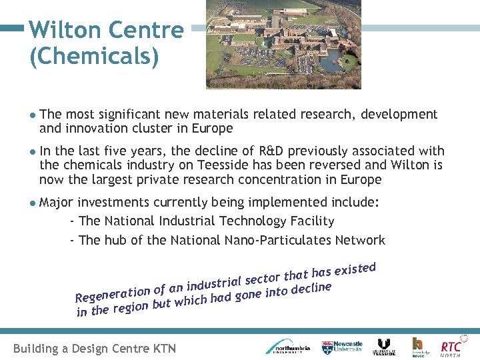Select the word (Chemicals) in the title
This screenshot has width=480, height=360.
(94, 57)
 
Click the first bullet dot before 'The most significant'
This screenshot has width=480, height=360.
(33, 115)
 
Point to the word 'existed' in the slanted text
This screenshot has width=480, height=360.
(355, 269)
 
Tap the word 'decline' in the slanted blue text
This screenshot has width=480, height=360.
(311, 287)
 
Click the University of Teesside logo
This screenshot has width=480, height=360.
(384, 347)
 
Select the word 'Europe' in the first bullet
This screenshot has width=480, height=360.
(211, 128)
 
